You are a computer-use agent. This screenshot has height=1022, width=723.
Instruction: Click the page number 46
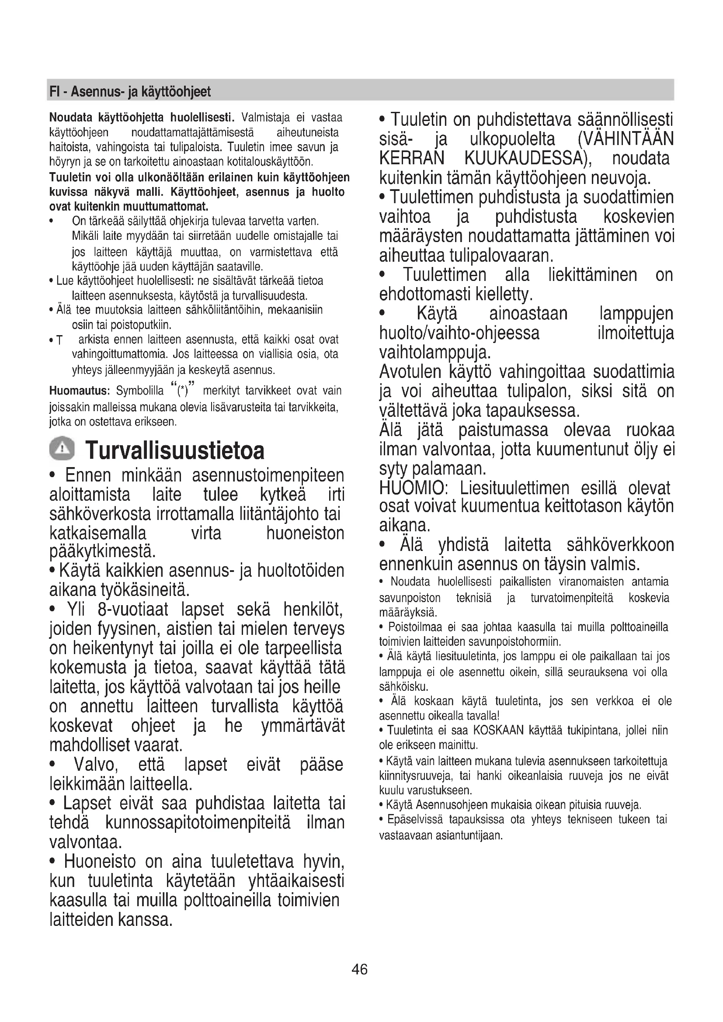tap(359, 969)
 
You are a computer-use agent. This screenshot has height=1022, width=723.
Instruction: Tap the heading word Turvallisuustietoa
tap(175, 450)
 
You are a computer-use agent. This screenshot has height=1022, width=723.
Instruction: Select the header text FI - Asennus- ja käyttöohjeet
tap(130, 92)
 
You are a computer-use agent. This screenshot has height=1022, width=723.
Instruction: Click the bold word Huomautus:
tap(79, 391)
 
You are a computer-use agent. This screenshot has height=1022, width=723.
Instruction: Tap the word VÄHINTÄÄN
tap(626, 139)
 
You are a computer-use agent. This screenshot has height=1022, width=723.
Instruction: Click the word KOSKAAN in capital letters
tap(498, 731)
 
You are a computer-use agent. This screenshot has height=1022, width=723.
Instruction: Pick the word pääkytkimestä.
tap(102, 551)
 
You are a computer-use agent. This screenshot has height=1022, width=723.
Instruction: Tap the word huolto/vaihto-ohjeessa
tap(459, 333)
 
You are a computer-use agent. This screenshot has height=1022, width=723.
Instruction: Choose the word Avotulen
tap(410, 372)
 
